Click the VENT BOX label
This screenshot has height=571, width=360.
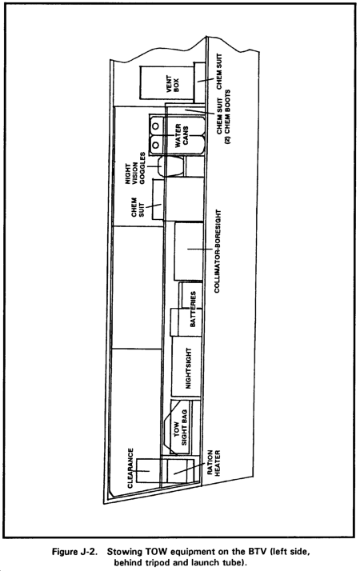pos(173,83)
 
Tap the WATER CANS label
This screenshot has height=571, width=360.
pos(182,135)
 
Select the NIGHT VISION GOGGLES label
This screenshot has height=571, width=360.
pos(135,168)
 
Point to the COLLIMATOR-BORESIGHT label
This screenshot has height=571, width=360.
pos(217,251)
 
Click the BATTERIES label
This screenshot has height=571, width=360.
pos(193,309)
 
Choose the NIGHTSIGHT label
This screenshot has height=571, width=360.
pos(188,369)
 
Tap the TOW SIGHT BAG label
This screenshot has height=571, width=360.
pos(180,428)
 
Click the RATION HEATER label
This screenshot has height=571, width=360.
pos(214,463)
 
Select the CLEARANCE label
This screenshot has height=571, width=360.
pos(130,468)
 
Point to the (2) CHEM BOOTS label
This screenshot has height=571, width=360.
pos(228,117)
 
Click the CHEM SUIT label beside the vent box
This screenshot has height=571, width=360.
pos(219,71)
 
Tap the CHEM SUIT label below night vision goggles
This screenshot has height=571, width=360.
pos(138,207)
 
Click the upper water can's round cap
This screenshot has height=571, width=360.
pos(156,126)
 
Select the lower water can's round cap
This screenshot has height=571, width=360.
pos(155,145)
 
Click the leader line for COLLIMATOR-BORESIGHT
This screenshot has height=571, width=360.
pos(200,249)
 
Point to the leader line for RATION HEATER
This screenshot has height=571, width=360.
pos(189,469)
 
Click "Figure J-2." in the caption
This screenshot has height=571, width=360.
pos(74,551)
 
